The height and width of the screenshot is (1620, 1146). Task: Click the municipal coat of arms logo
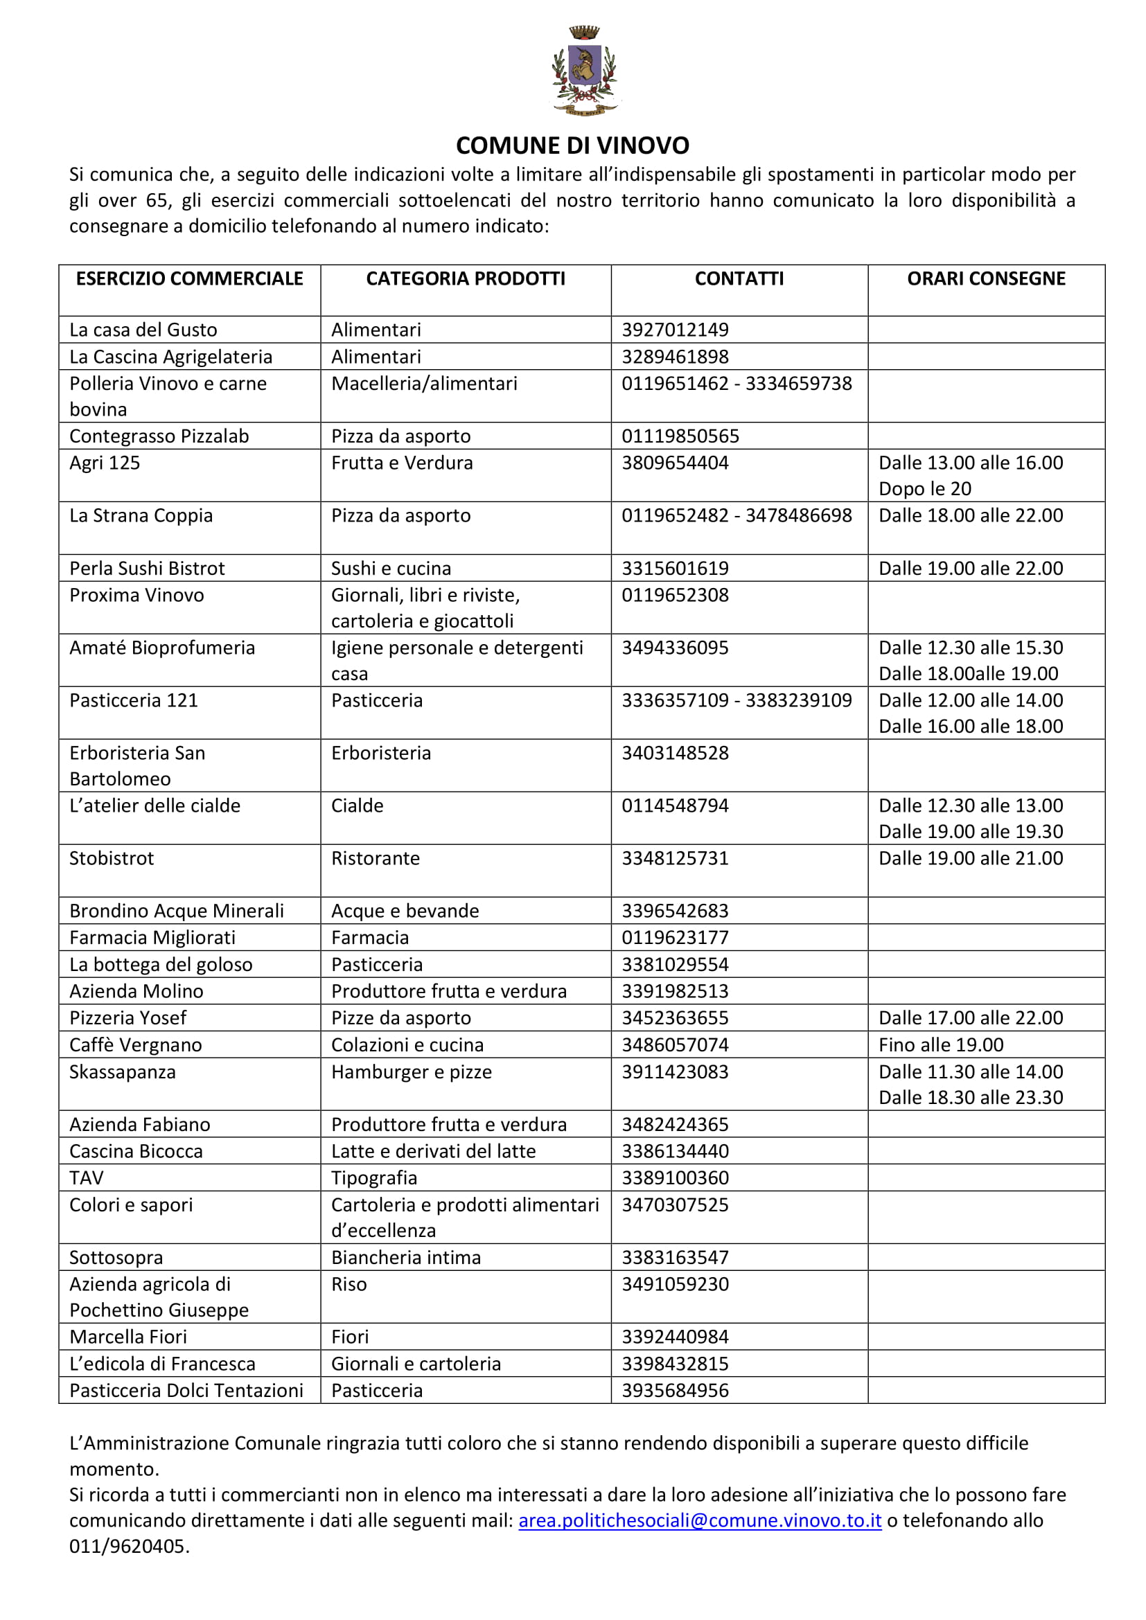tap(583, 71)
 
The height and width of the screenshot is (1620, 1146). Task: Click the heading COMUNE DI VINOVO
tap(572, 145)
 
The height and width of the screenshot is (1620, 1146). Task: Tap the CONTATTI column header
tap(739, 278)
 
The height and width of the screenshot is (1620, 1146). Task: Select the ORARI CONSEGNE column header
tap(986, 278)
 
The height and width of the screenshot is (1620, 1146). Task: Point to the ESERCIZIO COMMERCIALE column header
tap(189, 278)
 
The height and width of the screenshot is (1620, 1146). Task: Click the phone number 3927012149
tap(675, 330)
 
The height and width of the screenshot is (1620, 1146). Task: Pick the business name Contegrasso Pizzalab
tap(159, 436)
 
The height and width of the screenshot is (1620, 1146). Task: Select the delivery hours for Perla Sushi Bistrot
tap(970, 568)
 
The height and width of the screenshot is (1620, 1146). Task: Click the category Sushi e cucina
tap(391, 568)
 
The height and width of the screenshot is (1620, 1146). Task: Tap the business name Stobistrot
tap(112, 858)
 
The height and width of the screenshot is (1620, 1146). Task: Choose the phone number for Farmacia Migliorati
tap(675, 938)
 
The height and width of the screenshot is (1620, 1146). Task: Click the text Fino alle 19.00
tap(941, 1045)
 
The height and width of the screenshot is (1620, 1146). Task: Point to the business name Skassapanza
tap(122, 1071)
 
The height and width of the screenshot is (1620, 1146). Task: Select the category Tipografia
tap(374, 1177)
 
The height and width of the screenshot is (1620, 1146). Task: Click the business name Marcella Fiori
tap(127, 1336)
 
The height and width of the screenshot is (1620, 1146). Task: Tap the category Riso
tap(349, 1284)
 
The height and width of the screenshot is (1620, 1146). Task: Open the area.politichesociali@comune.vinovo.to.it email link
tap(699, 1520)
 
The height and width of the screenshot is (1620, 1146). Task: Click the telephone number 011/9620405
tap(129, 1546)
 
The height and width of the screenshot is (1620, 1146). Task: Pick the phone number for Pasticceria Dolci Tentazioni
tap(675, 1390)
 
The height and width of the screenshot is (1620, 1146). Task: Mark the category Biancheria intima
tap(406, 1257)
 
